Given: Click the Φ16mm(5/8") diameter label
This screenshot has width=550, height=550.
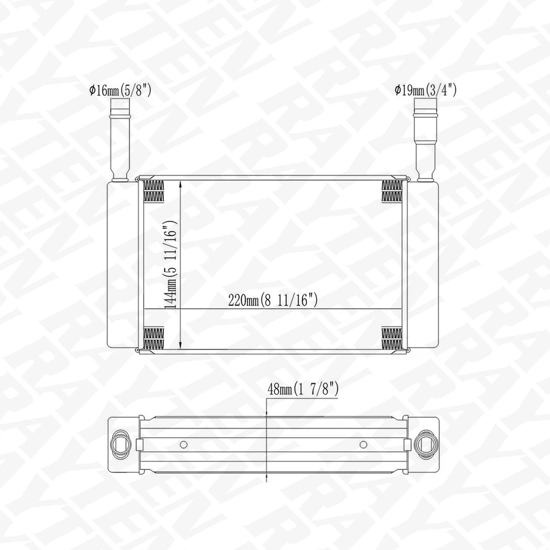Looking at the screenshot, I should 119,90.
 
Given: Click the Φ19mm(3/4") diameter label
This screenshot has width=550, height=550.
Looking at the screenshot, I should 425,90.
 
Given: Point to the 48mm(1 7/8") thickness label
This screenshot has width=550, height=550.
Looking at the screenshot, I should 303,389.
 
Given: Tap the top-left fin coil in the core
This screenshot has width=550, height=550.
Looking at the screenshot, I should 153,190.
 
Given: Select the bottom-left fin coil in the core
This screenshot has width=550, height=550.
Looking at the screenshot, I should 153,338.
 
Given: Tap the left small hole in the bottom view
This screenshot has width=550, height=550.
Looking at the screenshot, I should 183,444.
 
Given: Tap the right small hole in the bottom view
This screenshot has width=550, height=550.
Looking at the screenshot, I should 363,444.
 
